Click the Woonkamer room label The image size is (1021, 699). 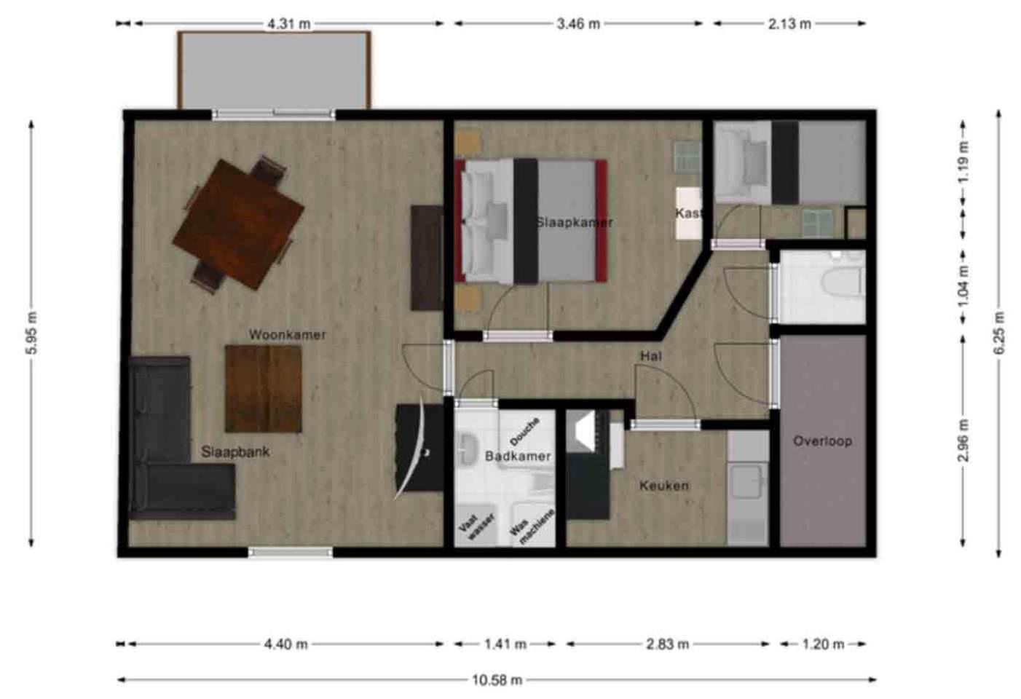287,335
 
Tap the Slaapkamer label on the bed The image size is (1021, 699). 575,222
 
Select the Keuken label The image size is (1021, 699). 664,486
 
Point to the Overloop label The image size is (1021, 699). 822,441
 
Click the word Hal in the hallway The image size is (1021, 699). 651,356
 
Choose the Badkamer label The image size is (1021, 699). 518,457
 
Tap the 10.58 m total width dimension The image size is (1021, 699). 497,680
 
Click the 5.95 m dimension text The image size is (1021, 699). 31,332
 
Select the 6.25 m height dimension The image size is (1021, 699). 998,332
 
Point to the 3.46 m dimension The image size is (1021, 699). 578,24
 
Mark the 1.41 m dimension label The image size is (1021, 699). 505,644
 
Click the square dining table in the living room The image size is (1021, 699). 238,224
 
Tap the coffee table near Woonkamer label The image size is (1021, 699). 263,388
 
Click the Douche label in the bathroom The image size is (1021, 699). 525,431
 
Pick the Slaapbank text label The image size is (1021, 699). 235,452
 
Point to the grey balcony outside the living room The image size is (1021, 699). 275,70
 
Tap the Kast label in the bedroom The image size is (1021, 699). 688,213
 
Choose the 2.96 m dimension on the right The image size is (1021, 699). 963,440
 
